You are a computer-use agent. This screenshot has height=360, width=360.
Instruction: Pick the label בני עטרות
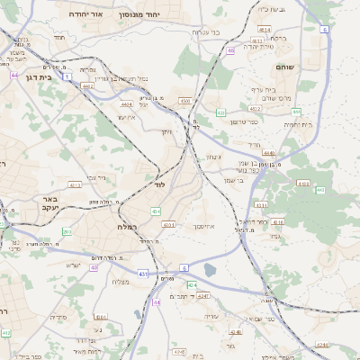203,31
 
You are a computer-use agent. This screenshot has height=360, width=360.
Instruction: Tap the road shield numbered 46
231,50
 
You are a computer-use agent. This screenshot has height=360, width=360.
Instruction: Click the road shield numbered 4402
86,86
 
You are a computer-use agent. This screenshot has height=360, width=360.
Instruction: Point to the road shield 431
143,273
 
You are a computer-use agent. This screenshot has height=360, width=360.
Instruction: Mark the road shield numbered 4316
278,221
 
